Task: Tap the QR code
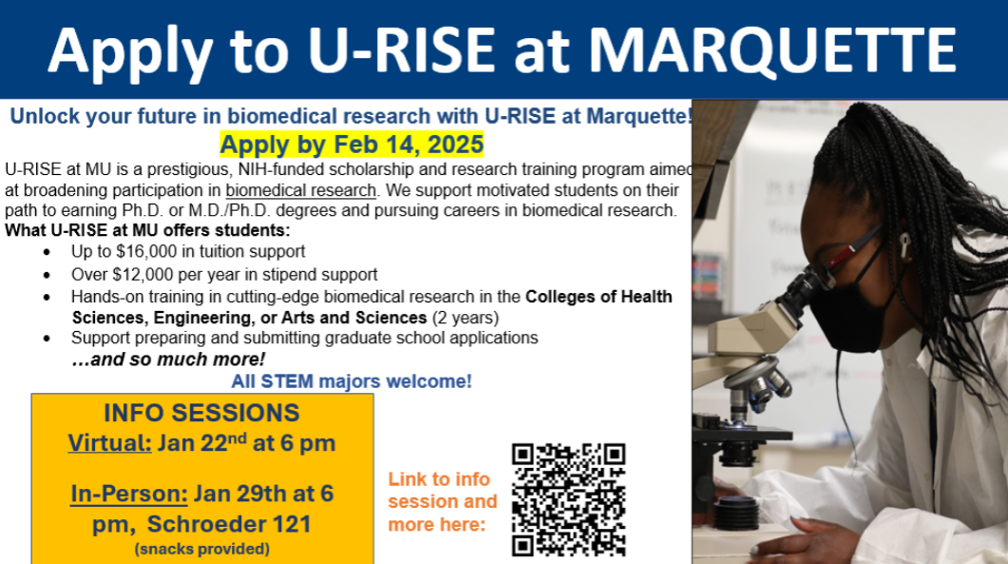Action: point(568,499)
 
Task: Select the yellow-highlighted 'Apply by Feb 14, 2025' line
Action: point(352,146)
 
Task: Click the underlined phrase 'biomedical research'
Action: point(300,189)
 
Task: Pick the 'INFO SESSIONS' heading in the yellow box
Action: point(201,413)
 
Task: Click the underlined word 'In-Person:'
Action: point(128,495)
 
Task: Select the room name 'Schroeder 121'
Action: point(244,524)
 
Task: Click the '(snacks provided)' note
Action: point(201,549)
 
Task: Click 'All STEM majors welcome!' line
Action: point(352,381)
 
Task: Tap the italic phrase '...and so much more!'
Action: point(168,360)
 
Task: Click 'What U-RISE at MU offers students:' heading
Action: point(147,231)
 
